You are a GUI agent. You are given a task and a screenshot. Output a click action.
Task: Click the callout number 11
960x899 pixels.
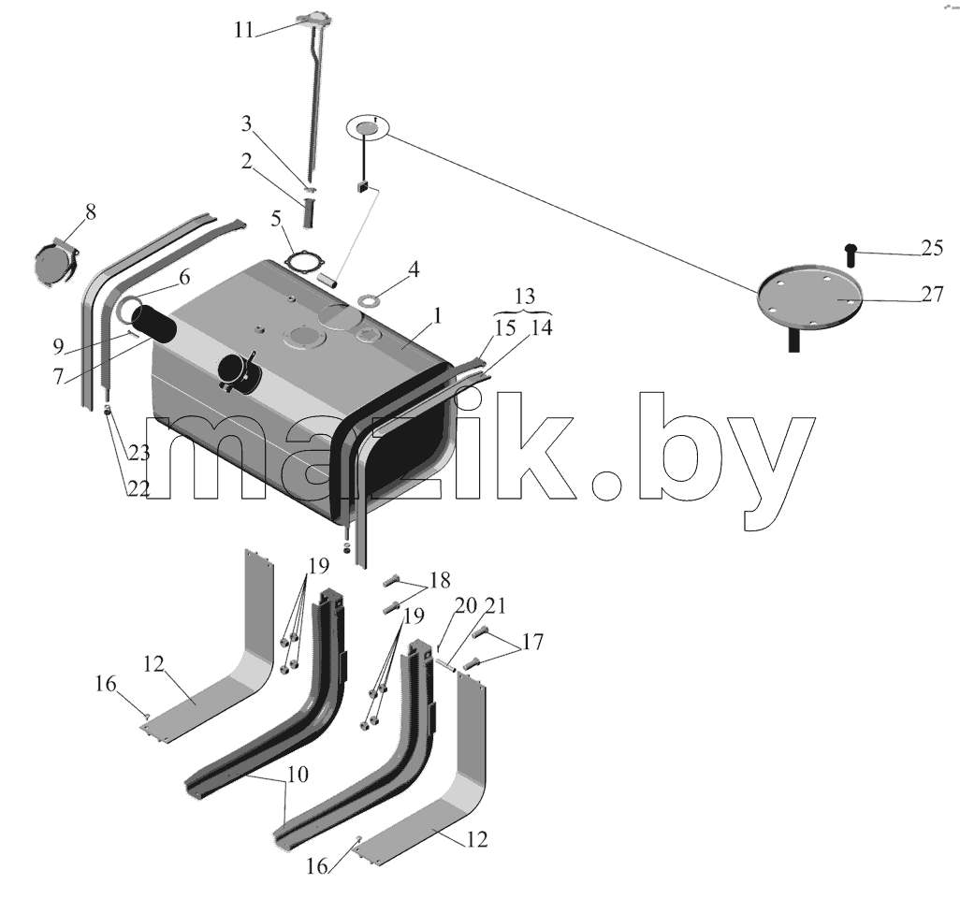pyautogui.click(x=243, y=30)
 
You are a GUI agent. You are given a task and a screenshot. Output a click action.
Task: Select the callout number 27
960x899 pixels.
pyautogui.click(x=932, y=295)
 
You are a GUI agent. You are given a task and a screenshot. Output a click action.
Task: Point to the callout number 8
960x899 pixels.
pyautogui.click(x=91, y=212)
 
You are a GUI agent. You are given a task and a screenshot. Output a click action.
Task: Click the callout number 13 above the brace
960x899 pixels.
pyautogui.click(x=525, y=297)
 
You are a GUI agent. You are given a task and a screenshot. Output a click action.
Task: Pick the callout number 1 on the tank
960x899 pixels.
pyautogui.click(x=437, y=316)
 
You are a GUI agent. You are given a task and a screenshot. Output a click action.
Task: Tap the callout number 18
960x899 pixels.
pyautogui.click(x=440, y=580)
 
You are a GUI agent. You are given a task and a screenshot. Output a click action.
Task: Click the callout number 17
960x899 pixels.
pyautogui.click(x=532, y=642)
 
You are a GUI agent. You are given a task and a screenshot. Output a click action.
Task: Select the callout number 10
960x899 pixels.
pyautogui.click(x=298, y=775)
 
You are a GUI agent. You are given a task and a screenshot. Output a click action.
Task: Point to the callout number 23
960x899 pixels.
pyautogui.click(x=139, y=453)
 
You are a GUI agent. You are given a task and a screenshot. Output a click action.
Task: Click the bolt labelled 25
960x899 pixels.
pyautogui.click(x=850, y=254)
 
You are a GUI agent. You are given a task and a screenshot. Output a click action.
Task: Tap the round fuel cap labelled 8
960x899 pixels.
pyautogui.click(x=56, y=264)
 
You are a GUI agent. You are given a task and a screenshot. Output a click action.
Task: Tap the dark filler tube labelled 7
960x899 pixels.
pyautogui.click(x=153, y=326)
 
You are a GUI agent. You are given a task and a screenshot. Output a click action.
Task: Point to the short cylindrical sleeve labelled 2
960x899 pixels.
pyautogui.click(x=308, y=212)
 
